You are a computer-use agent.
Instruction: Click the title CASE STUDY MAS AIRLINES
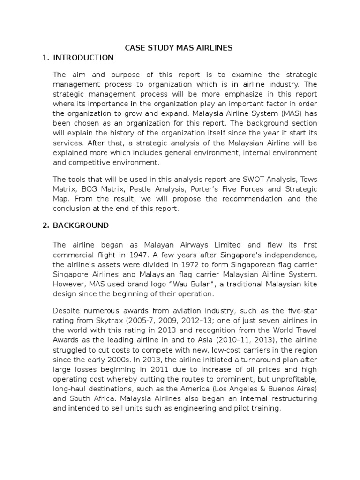(x=178, y=47)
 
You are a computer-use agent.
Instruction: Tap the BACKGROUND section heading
(x=81, y=225)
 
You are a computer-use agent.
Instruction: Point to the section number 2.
(x=45, y=225)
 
